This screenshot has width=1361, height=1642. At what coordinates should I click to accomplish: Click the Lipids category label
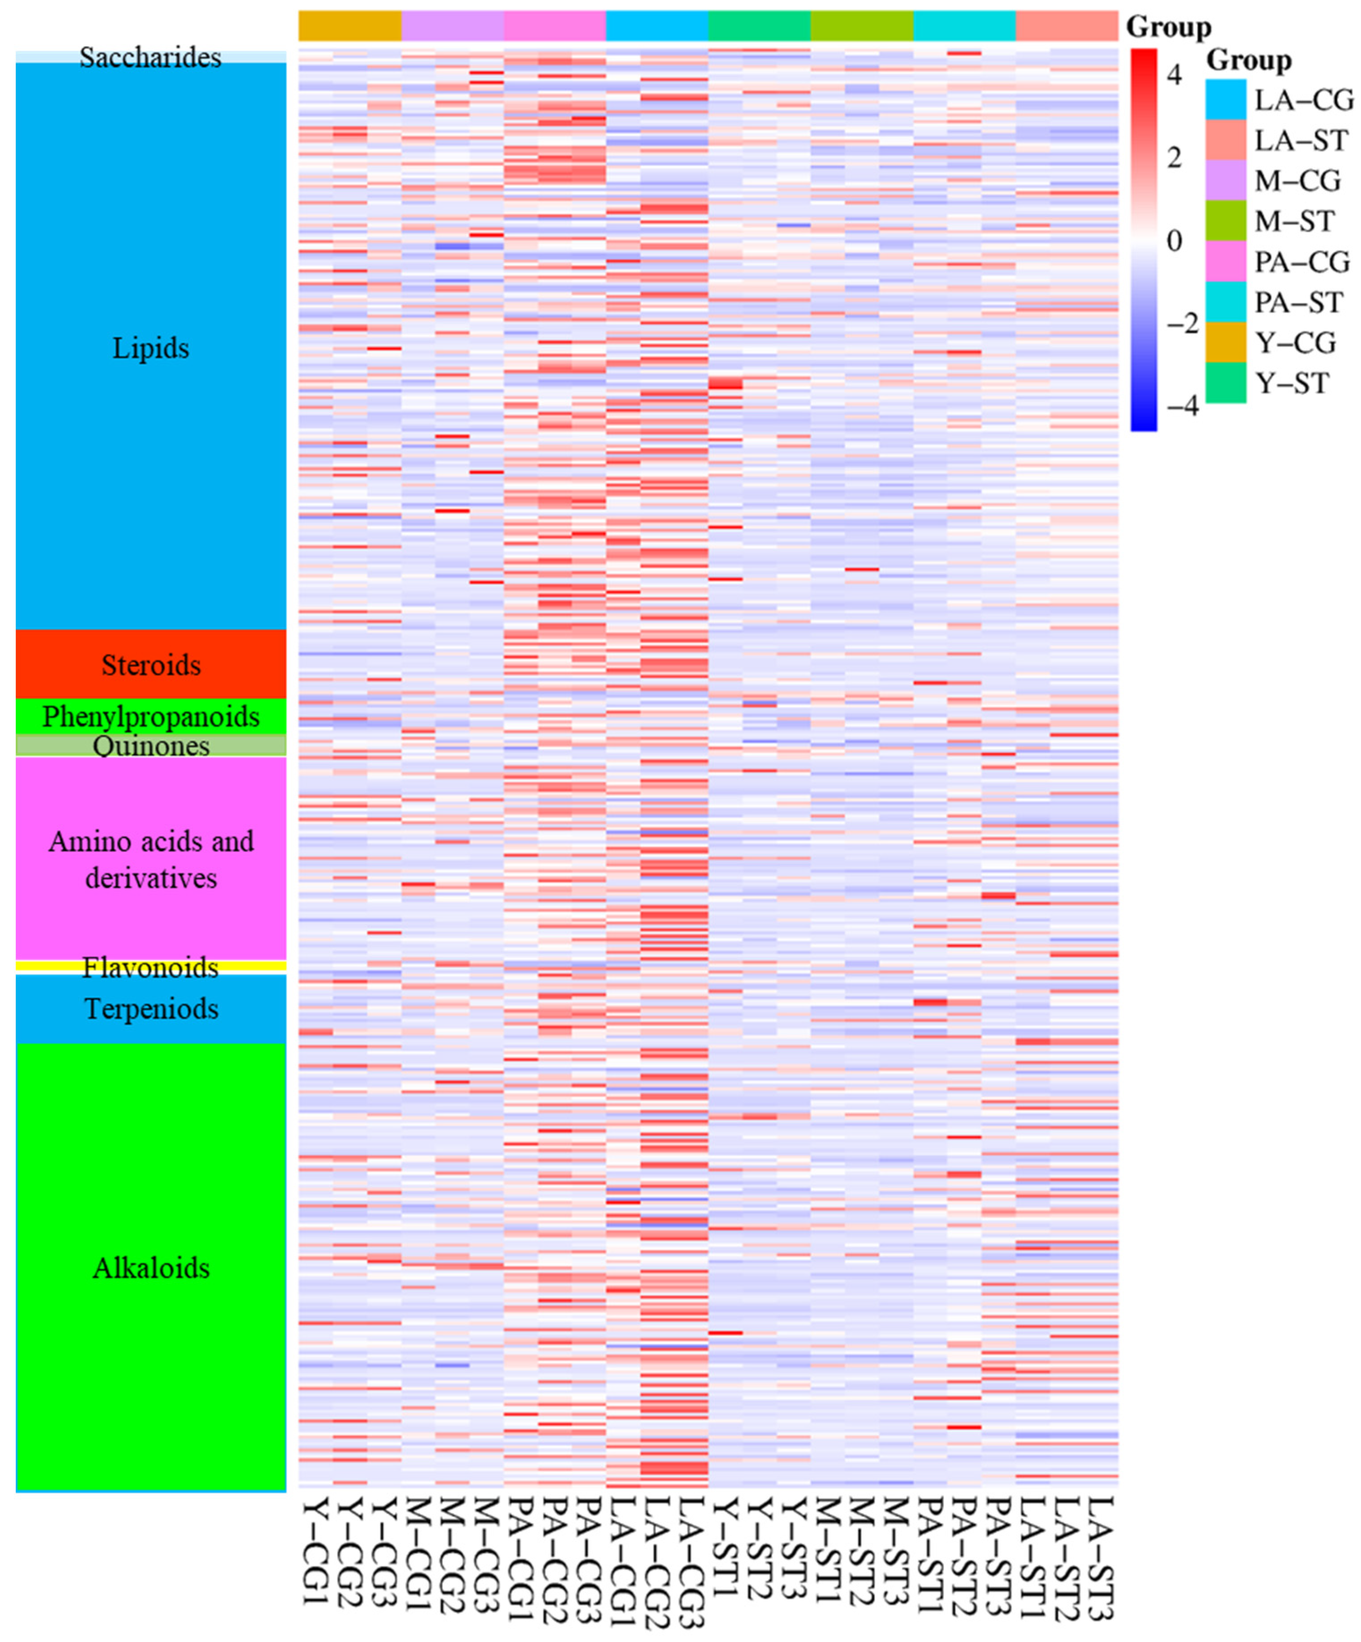pyautogui.click(x=151, y=349)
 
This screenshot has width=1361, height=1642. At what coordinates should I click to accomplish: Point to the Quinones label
pyautogui.click(x=151, y=746)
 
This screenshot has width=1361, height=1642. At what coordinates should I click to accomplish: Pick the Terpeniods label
pyautogui.click(x=151, y=1008)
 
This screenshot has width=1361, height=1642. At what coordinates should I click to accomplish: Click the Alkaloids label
pyautogui.click(x=151, y=1268)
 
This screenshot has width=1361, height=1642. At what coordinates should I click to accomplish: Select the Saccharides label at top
pyautogui.click(x=151, y=57)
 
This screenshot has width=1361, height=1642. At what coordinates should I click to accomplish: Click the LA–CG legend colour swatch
pyautogui.click(x=1225, y=99)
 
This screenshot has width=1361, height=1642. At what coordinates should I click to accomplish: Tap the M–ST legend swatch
pyautogui.click(x=1225, y=221)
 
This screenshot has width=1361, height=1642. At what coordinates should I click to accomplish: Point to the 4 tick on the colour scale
pyautogui.click(x=1174, y=75)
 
